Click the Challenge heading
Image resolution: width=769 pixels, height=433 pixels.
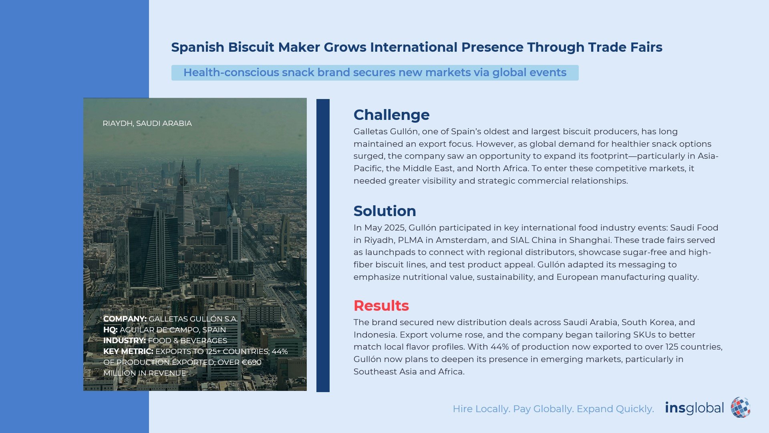pos(391,115)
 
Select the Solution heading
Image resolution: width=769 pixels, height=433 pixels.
pos(384,211)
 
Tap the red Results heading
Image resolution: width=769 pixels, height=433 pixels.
pos(381,306)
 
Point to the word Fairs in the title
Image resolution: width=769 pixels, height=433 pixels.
pos(645,47)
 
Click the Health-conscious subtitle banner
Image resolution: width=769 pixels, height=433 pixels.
pos(375,73)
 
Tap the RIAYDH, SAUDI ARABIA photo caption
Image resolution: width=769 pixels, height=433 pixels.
pos(147,123)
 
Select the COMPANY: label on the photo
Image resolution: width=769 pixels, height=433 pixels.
pos(125,319)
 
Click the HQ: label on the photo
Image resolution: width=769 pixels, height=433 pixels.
pos(110,330)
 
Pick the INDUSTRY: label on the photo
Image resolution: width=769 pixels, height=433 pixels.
pos(125,340)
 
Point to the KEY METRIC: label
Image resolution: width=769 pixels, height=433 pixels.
pos(128,351)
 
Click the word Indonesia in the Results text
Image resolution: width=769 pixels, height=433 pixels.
pos(374,335)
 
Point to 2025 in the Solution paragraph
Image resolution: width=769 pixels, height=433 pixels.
pos(395,228)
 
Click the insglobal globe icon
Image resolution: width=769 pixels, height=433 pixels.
pos(741,407)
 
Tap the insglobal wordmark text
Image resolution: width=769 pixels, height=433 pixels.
pos(695,408)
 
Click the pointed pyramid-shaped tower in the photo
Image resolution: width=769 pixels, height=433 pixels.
pos(184,196)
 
